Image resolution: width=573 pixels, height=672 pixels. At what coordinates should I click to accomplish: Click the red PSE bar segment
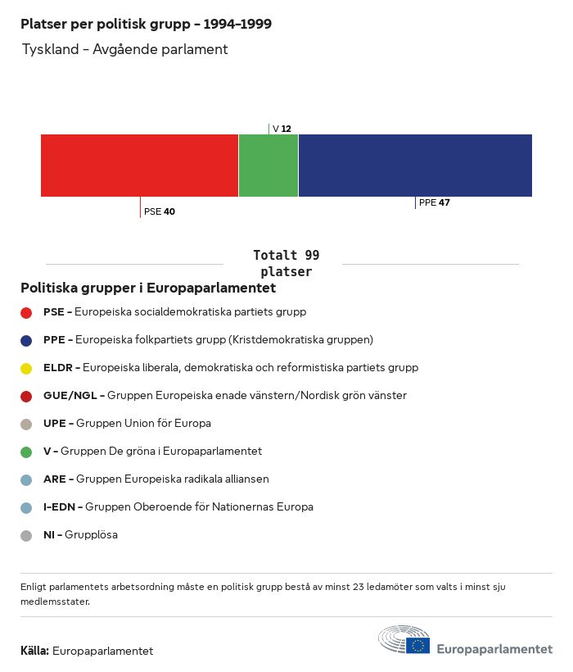(x=139, y=166)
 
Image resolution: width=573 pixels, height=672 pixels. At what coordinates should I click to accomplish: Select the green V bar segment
(x=268, y=166)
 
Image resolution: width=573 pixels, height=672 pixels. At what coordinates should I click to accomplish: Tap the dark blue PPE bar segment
(x=415, y=166)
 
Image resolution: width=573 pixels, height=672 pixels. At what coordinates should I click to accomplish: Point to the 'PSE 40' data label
(x=160, y=211)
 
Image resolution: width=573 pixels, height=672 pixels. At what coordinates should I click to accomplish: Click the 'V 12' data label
(x=282, y=129)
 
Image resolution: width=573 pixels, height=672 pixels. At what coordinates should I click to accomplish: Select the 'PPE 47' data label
(x=434, y=202)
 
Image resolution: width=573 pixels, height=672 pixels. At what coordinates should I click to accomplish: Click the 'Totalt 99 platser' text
(x=286, y=264)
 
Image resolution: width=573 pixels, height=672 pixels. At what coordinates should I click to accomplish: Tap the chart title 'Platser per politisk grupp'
(x=146, y=24)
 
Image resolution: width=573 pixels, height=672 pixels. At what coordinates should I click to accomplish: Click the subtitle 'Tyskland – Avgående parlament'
(x=124, y=49)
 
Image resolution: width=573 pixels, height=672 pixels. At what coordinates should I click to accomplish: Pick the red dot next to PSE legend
(x=26, y=312)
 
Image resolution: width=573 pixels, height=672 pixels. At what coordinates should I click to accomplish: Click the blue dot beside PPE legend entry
(x=26, y=340)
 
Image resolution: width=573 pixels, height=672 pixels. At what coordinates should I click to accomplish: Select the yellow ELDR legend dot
(x=26, y=368)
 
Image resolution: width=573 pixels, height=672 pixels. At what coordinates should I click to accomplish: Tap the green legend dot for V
(x=26, y=452)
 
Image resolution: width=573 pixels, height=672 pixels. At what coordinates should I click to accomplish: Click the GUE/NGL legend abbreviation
(x=71, y=395)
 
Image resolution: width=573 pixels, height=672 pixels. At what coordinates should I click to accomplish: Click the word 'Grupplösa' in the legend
(x=91, y=534)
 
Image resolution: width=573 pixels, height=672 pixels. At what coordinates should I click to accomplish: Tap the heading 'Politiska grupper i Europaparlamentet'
(x=148, y=288)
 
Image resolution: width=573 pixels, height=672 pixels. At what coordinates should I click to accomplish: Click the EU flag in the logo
(x=417, y=645)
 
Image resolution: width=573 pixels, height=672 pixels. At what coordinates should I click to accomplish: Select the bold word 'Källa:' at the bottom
(x=34, y=651)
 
